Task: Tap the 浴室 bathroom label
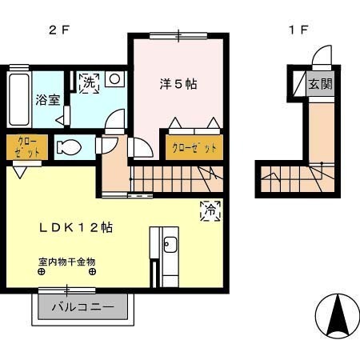46,100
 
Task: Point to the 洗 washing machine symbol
88,82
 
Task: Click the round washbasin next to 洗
115,79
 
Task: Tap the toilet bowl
69,148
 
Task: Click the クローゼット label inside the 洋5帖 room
194,149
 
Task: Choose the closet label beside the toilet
26,148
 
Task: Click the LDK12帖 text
76,228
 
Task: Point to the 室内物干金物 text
67,261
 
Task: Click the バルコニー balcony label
83,307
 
